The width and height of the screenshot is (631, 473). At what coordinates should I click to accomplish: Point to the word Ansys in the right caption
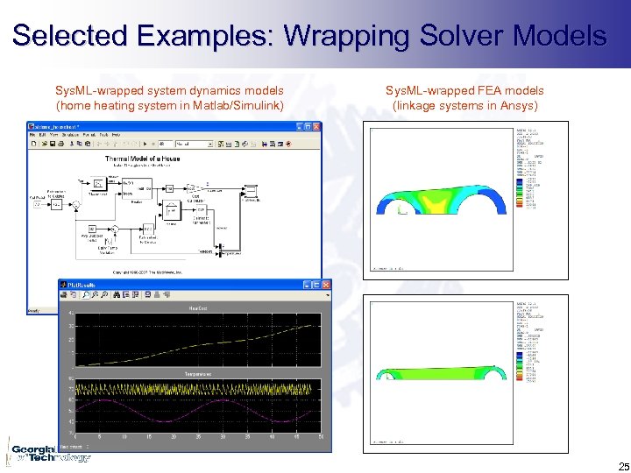(518, 106)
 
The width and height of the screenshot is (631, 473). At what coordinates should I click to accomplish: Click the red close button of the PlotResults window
(325, 286)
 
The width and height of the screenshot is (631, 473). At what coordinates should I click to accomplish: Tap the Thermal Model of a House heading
(149, 159)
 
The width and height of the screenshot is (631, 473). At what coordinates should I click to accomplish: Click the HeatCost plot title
(196, 308)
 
